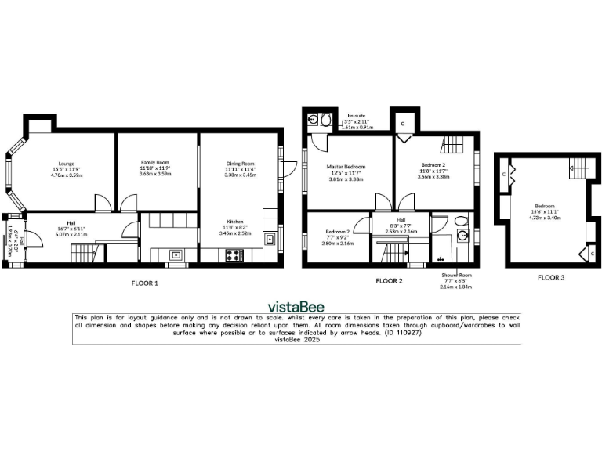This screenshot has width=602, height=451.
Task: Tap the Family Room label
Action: (x=154, y=164)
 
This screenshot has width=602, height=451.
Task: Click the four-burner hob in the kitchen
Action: (x=234, y=254)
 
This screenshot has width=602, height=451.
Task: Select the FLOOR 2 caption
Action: (x=389, y=280)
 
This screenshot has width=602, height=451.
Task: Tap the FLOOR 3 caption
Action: (x=550, y=276)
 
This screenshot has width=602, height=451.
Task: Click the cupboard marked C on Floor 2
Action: (x=404, y=124)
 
